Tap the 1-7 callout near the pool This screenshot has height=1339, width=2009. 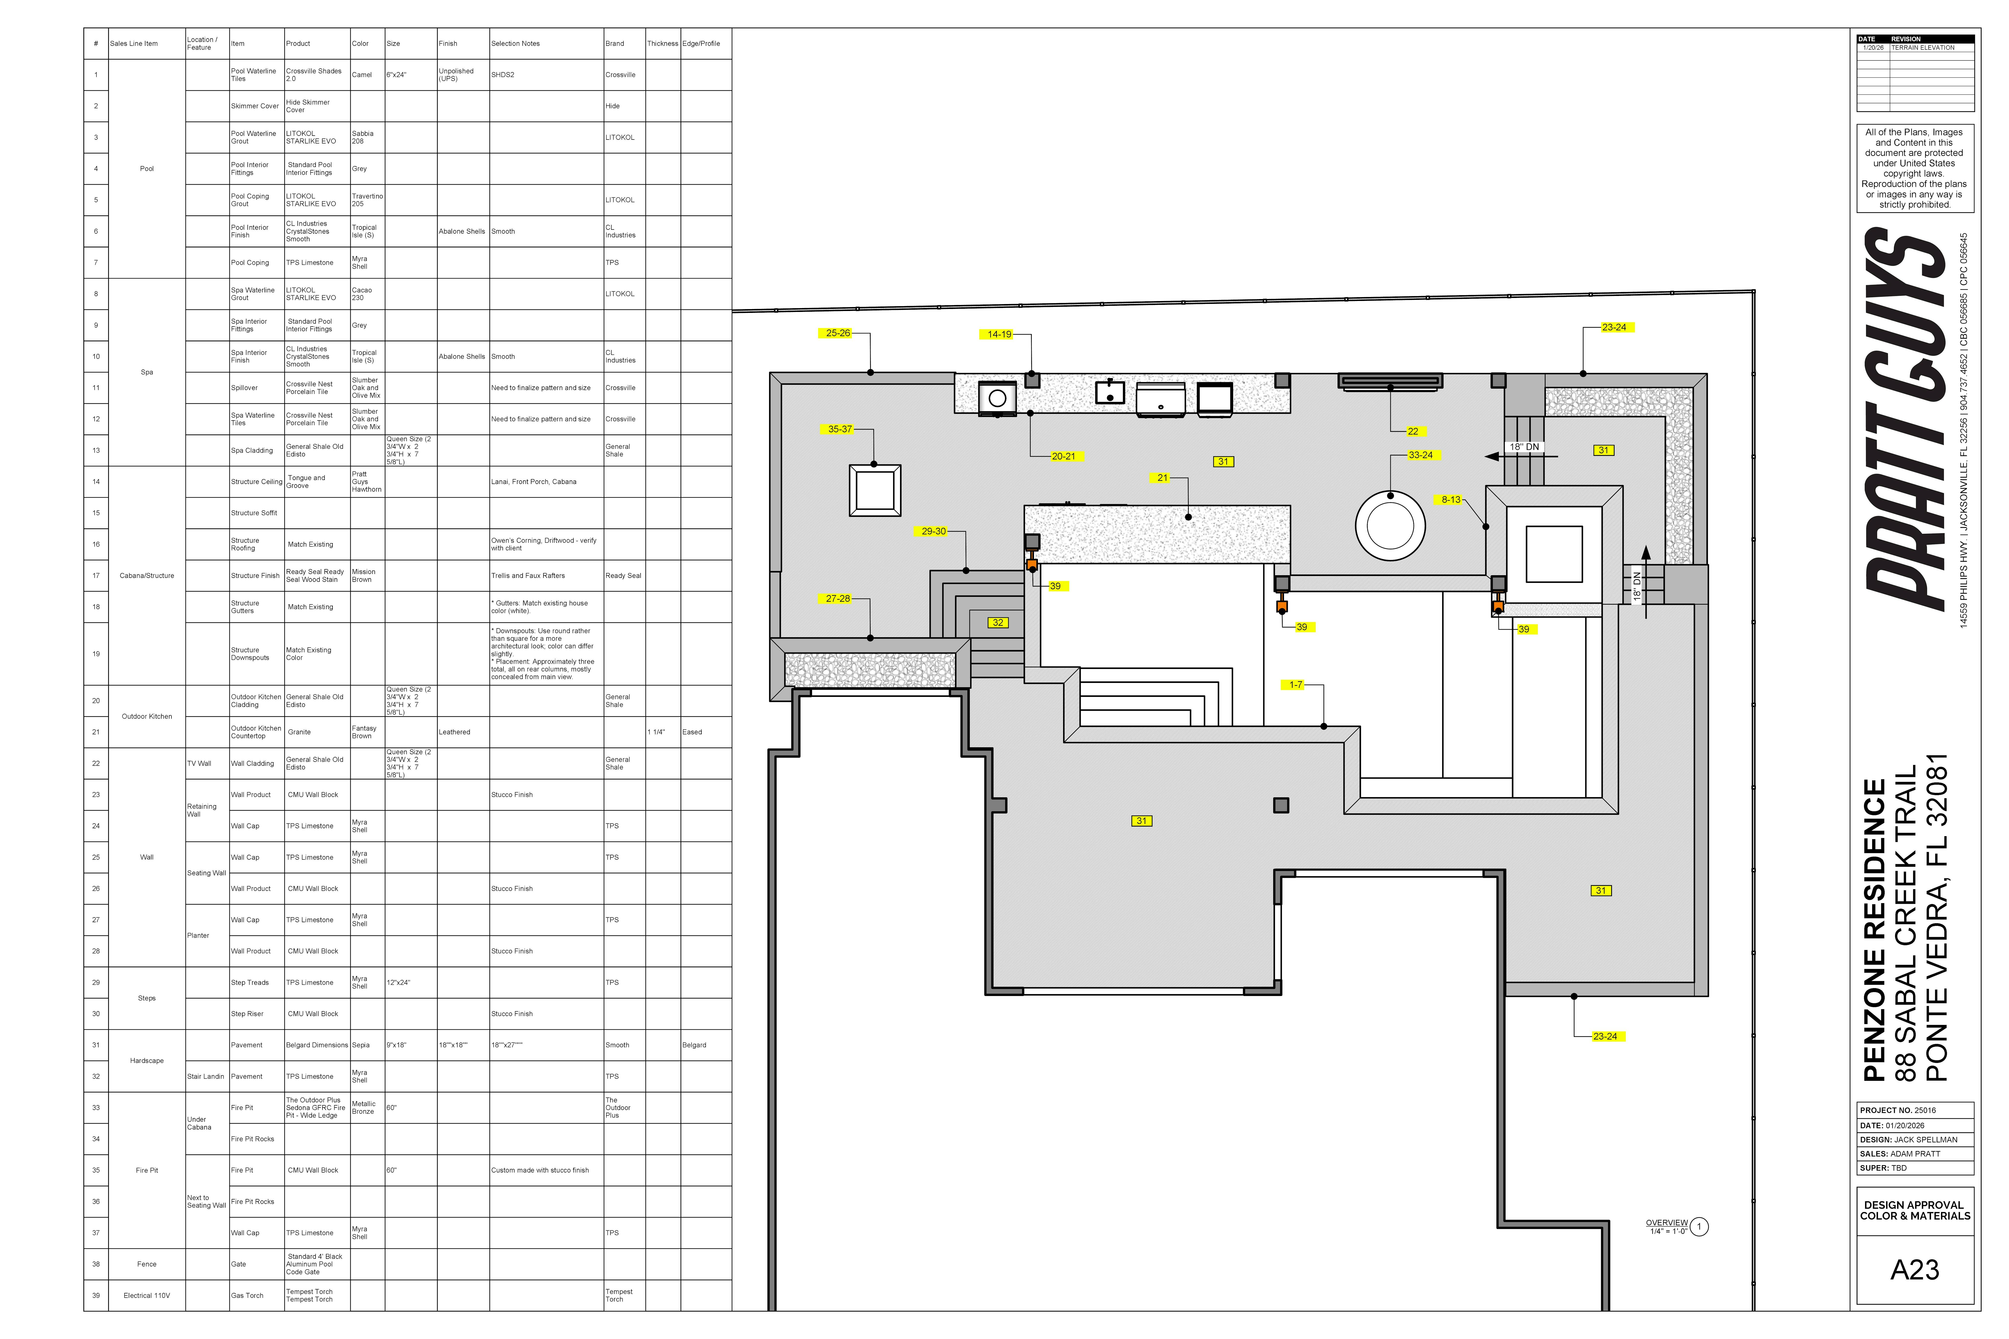1295,685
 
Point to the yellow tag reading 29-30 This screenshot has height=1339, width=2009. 933,531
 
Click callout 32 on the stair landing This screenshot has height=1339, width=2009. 997,623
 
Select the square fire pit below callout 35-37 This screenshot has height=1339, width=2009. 875,490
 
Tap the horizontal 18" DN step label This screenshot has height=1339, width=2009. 1524,446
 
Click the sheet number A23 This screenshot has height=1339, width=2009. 1914,1270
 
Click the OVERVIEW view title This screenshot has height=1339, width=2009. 1666,1223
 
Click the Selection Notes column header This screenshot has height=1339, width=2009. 515,44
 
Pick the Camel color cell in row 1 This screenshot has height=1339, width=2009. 362,75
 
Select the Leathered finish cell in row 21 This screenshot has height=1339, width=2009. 454,732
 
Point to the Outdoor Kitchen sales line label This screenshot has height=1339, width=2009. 147,716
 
